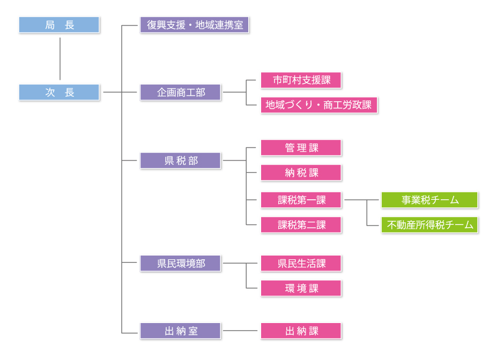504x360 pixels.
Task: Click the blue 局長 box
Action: coord(59,25)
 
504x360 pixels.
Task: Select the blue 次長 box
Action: coord(59,92)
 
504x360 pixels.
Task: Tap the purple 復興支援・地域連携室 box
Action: coord(194,25)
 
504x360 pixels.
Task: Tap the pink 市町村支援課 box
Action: coord(301,80)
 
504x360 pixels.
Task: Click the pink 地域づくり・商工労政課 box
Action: coord(319,105)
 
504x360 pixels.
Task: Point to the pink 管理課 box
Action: coord(301,148)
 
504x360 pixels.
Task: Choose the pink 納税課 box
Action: coord(301,172)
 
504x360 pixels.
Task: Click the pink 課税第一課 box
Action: coord(301,200)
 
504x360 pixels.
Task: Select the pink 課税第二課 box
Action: coord(301,224)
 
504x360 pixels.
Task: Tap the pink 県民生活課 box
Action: coord(301,263)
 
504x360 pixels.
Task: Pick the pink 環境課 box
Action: coord(301,288)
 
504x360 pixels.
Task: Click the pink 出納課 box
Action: coord(301,331)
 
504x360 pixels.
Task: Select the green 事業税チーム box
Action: coord(429,200)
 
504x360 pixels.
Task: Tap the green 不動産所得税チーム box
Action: coord(429,224)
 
